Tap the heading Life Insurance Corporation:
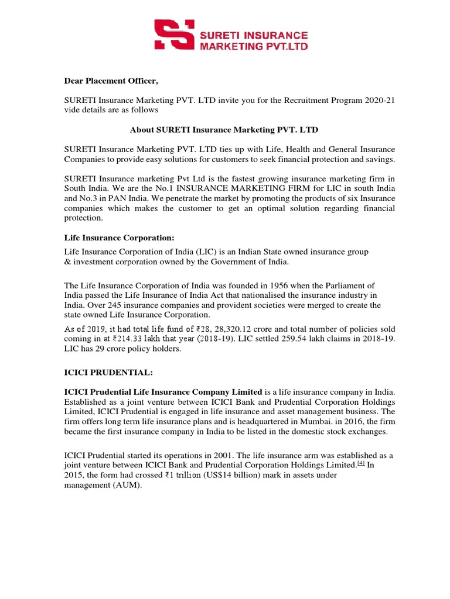[x=118, y=238]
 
